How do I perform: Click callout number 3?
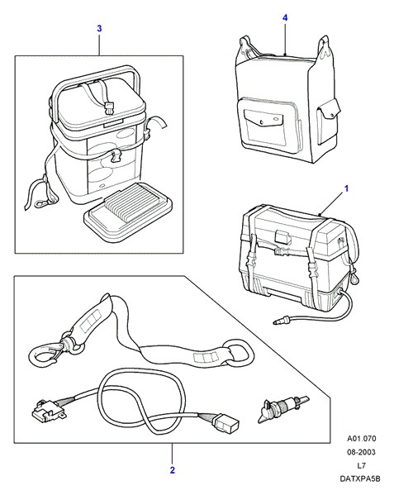(99, 29)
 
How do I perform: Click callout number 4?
(285, 17)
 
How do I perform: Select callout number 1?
(346, 188)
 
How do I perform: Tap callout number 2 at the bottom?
(173, 470)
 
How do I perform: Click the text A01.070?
(362, 439)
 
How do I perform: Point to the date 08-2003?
(362, 452)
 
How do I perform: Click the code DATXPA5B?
(360, 478)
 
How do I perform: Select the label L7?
(362, 465)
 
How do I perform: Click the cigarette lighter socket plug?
(282, 408)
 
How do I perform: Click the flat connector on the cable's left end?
(47, 411)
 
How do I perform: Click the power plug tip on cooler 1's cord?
(278, 322)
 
